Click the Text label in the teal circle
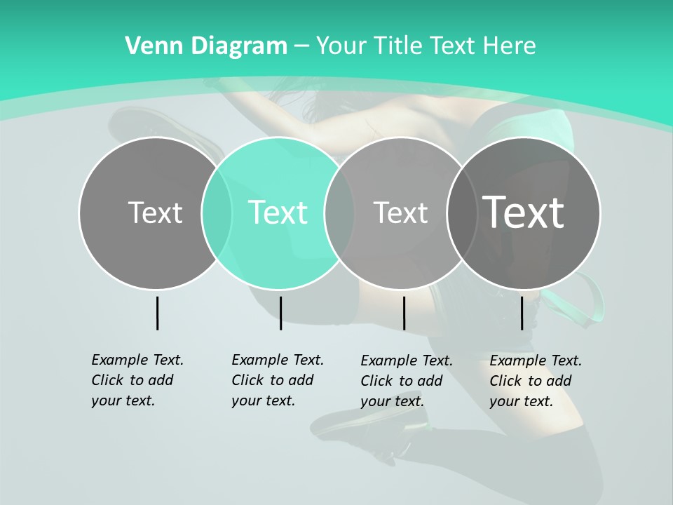278,213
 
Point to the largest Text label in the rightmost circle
524,212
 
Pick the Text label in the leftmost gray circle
155,213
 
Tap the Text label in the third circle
400,213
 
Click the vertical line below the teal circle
280,313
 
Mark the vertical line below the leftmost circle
157,313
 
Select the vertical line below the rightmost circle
522,313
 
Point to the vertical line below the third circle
404,313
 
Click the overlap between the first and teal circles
217,213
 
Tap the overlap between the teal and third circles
339,213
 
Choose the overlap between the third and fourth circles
461,213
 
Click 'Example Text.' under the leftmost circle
137,360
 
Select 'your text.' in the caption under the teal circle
263,400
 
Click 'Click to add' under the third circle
402,381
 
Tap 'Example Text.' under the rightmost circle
536,361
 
